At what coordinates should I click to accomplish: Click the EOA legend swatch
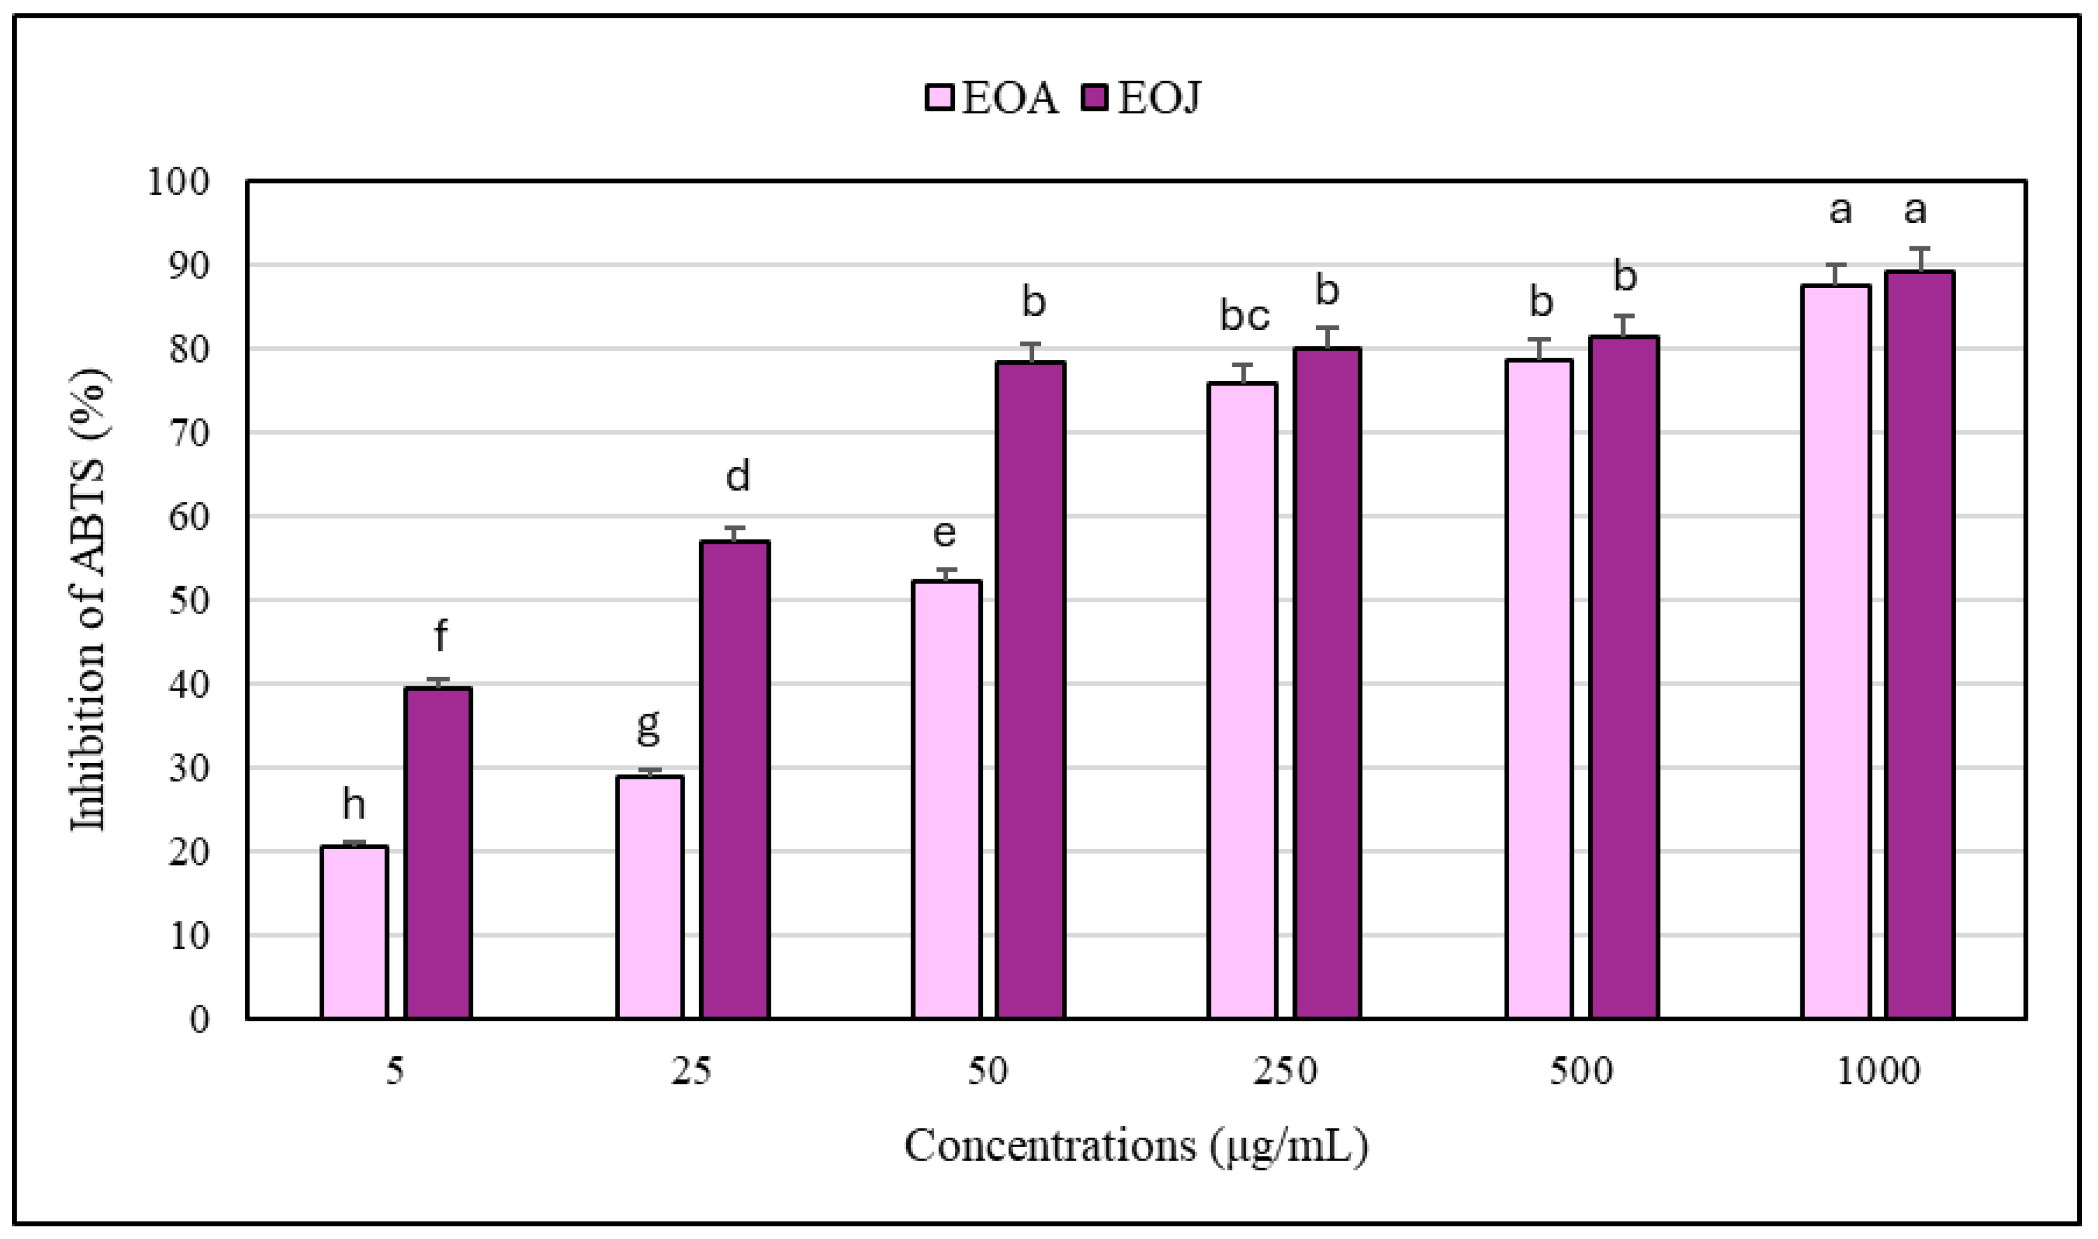(939, 97)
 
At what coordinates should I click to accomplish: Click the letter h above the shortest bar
(354, 805)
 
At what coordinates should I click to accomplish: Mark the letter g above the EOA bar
(648, 725)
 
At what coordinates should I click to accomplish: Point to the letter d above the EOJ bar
(737, 477)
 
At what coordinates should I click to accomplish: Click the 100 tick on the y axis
(178, 182)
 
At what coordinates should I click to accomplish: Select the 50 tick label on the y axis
(188, 601)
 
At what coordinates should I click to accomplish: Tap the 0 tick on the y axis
(199, 1019)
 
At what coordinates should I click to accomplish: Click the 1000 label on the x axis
(1878, 1071)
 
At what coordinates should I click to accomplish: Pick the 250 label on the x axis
(1285, 1071)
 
